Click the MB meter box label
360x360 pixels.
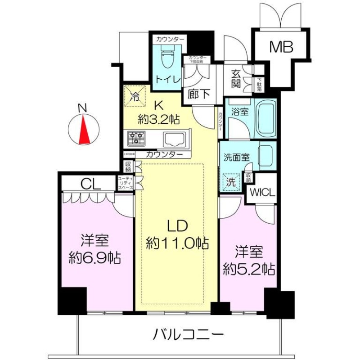[281, 46]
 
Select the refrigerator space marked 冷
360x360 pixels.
[134, 95]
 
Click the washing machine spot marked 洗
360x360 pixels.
[230, 183]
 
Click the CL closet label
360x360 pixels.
[90, 184]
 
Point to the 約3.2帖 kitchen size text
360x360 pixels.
[159, 119]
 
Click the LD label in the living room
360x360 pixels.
[177, 226]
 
